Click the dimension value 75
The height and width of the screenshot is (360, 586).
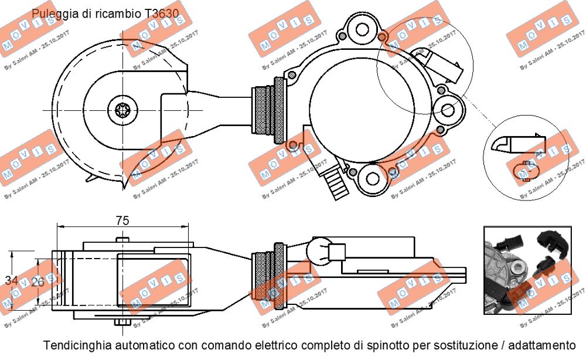[x=122, y=220]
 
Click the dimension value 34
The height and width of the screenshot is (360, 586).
[x=11, y=280]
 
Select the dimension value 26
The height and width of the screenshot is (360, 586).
[x=38, y=281]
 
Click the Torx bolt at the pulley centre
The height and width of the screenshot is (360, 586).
[x=122, y=110]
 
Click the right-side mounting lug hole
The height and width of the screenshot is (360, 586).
[x=448, y=110]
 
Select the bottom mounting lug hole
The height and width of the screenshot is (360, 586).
[x=372, y=179]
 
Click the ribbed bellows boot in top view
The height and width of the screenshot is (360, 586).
[x=268, y=111]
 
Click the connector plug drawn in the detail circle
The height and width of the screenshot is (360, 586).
[x=519, y=143]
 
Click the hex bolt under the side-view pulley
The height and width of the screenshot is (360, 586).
[x=122, y=322]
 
